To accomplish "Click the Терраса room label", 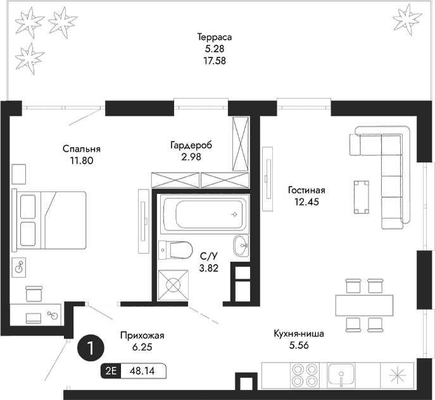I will click(x=211, y=37).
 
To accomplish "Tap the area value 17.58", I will click(x=211, y=61).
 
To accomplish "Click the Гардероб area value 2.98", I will click(x=191, y=157).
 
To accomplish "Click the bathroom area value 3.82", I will click(x=209, y=268).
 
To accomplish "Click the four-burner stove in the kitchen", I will click(x=304, y=375).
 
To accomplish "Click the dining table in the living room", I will click(x=363, y=305).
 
